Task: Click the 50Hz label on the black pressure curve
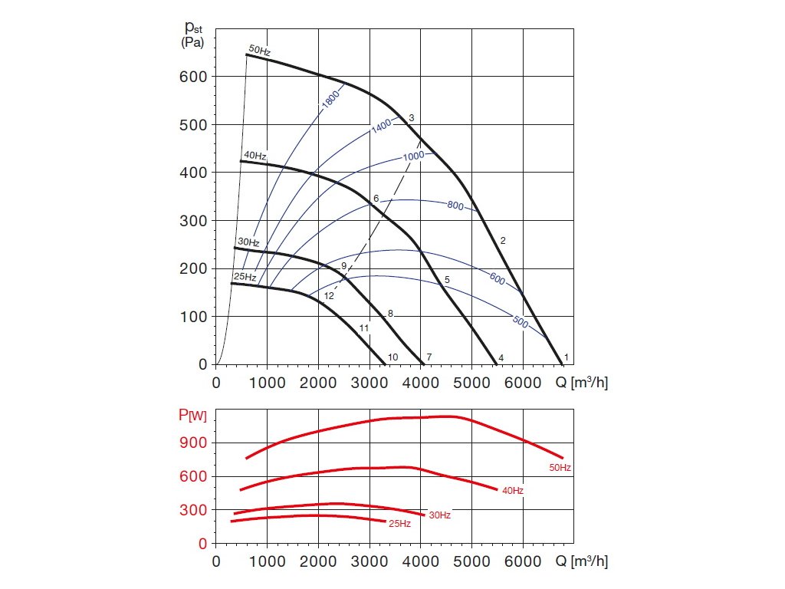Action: point(260,51)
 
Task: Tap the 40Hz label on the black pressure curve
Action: point(255,155)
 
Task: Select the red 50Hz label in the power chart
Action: point(560,467)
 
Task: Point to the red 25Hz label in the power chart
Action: point(399,524)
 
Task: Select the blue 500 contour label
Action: point(521,322)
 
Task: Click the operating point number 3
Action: point(412,117)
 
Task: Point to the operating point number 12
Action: point(329,295)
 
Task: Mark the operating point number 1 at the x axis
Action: point(567,357)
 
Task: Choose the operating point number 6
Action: point(376,199)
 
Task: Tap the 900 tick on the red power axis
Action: point(193,443)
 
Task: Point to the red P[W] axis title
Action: point(192,416)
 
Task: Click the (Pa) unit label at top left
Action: point(192,43)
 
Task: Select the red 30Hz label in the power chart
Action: point(439,515)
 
